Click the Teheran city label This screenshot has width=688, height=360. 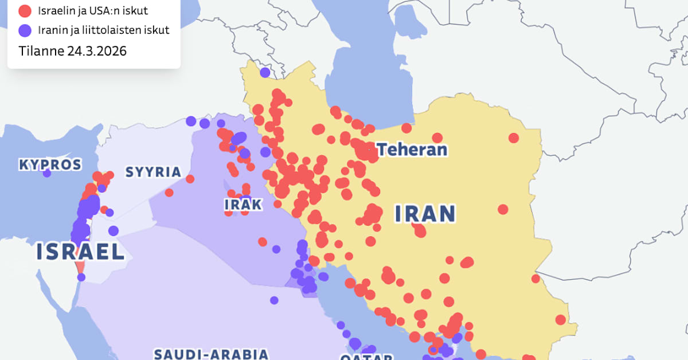(412, 150)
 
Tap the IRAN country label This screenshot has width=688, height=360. (425, 214)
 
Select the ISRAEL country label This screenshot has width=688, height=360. (80, 252)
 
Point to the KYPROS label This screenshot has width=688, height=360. (50, 165)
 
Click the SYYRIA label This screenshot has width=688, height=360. (153, 172)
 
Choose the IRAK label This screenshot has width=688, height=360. (243, 205)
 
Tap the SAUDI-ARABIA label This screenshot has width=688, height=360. (211, 353)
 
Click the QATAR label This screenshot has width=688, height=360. (366, 357)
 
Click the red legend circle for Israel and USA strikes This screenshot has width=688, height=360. (25, 10)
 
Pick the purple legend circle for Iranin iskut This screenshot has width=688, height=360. (25, 30)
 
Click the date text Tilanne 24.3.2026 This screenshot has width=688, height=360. (72, 50)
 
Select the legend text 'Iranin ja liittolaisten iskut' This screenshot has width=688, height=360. (103, 30)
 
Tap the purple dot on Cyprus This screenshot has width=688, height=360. (47, 173)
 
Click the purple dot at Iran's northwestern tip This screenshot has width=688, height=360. (264, 72)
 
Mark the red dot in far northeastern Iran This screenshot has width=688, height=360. (514, 138)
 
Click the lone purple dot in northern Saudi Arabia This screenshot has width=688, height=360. (274, 300)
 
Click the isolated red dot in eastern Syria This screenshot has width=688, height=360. (169, 193)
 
